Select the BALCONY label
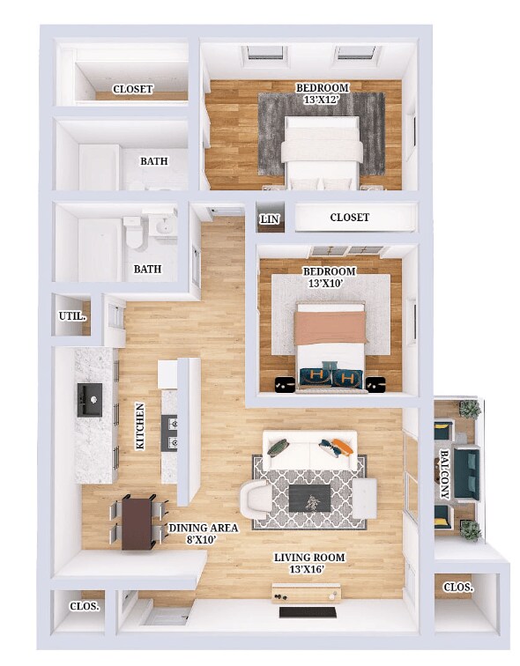[444, 476]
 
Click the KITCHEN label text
[140, 426]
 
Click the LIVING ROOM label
[309, 557]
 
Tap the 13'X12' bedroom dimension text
[322, 100]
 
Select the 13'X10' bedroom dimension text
[329, 283]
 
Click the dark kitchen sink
[90, 399]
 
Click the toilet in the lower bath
[133, 235]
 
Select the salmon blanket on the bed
[330, 328]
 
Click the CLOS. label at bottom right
[457, 587]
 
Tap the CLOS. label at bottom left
[84, 606]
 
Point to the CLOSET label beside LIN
[349, 218]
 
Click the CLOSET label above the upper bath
[133, 89]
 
